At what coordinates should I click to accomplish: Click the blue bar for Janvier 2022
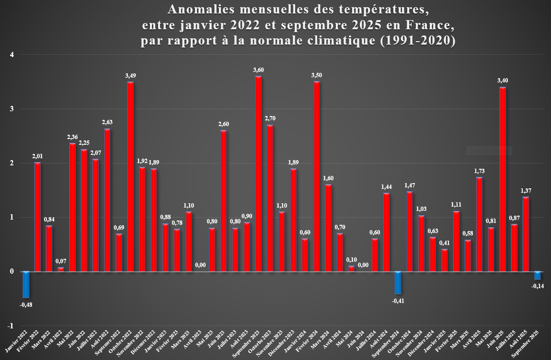tap(26, 284)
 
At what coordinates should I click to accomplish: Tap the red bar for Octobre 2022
tap(130, 177)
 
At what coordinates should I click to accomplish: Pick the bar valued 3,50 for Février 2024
tap(316, 177)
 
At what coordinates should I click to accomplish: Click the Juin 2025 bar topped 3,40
tap(503, 179)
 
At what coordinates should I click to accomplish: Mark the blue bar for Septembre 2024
tap(398, 283)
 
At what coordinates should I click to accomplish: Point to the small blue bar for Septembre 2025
tap(538, 276)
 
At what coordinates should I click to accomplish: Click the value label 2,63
tap(107, 122)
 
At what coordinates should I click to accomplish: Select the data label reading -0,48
tap(26, 304)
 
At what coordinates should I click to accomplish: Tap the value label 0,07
tap(60, 261)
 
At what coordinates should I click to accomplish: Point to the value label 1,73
tap(479, 171)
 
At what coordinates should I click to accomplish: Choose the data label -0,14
tap(538, 286)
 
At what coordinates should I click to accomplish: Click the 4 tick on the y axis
tap(12, 55)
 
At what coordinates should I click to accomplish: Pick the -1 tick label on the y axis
tap(11, 326)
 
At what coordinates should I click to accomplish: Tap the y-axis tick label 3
tap(12, 109)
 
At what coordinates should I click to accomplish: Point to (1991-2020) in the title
tap(416, 41)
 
